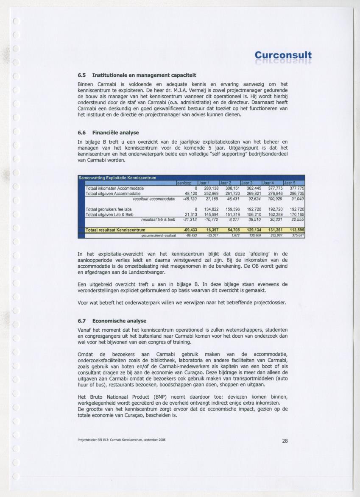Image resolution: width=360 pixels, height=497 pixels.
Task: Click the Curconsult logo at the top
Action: (283, 56)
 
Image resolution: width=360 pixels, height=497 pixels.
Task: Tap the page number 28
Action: (285, 441)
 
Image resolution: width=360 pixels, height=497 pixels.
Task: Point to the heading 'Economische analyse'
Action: (119, 321)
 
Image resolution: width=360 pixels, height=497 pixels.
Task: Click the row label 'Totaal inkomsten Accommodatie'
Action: (114, 188)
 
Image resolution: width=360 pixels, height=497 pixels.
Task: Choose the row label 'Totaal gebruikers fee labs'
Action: (109, 209)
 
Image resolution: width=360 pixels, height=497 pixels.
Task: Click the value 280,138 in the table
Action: (211, 188)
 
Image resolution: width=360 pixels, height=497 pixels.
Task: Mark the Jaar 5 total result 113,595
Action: (295, 230)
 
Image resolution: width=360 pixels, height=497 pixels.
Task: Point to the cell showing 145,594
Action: (211, 214)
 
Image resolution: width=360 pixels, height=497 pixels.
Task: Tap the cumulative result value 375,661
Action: (297, 235)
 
